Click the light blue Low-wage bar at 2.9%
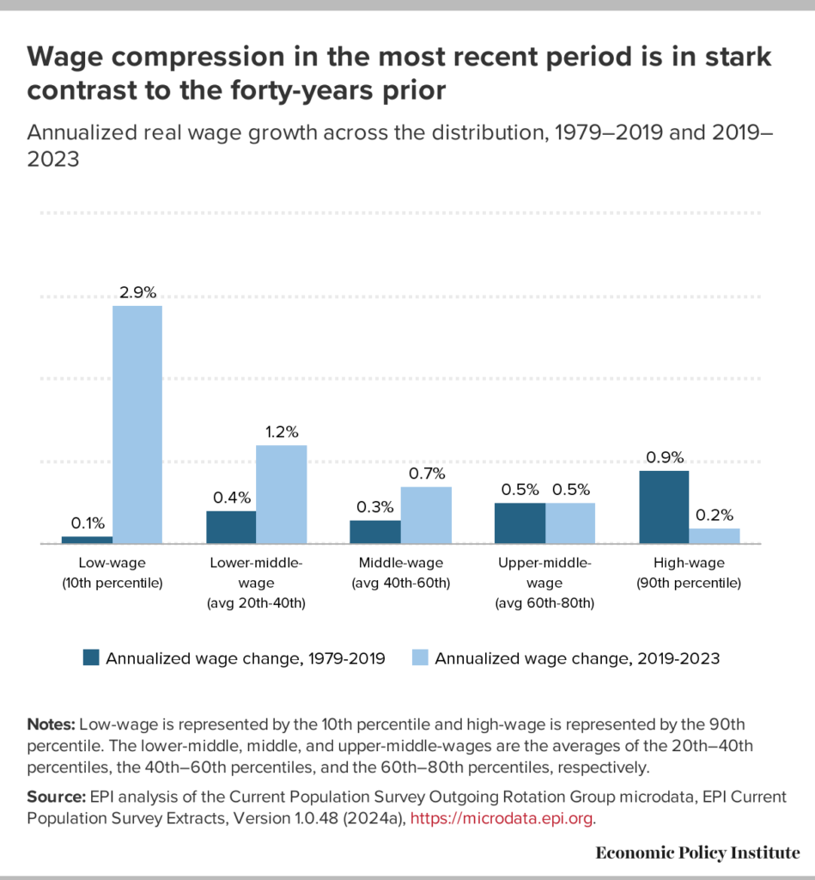[137, 425]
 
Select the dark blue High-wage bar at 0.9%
[664, 507]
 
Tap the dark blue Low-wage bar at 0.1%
[87, 540]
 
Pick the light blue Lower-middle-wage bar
[281, 494]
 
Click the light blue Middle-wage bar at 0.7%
[426, 515]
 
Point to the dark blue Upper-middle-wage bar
[520, 522]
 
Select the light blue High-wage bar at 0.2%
[715, 535]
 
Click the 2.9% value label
[137, 292]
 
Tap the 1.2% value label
[282, 431]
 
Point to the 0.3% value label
[374, 507]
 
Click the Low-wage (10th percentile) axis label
[112, 573]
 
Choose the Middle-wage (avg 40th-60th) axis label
[400, 573]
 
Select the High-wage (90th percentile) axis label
[689, 573]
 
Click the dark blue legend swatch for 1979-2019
[91, 658]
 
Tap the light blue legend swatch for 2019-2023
[420, 658]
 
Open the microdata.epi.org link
[502, 818]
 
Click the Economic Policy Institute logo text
[697, 852]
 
